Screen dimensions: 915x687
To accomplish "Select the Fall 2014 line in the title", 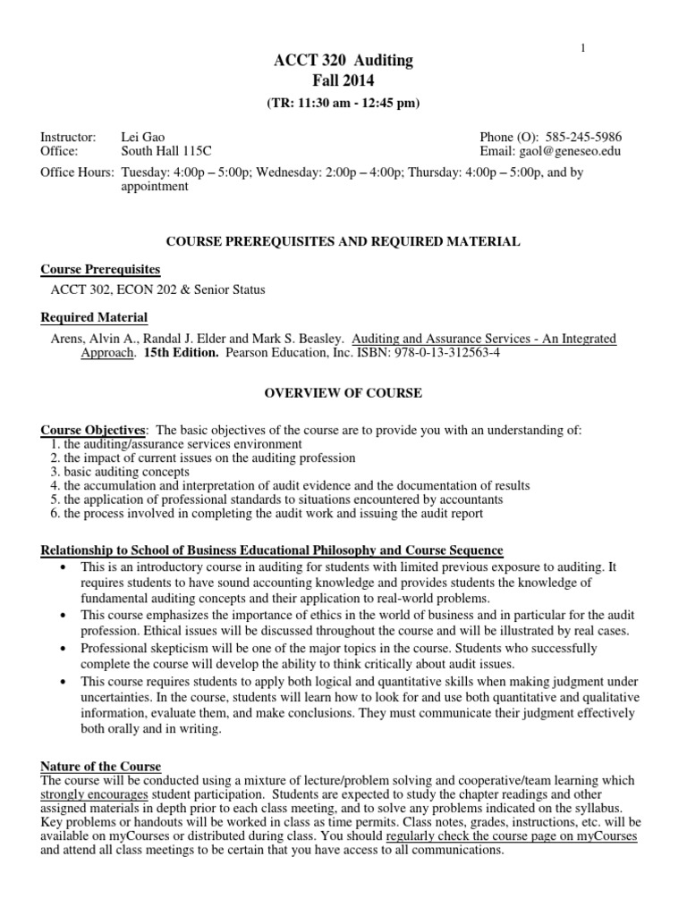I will pyautogui.click(x=343, y=81).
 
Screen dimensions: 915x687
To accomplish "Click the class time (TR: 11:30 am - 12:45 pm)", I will pyautogui.click(x=343, y=103).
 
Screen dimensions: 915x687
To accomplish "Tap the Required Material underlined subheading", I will pyautogui.click(x=95, y=318).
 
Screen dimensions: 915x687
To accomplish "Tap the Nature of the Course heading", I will pyautogui.click(x=101, y=767).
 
